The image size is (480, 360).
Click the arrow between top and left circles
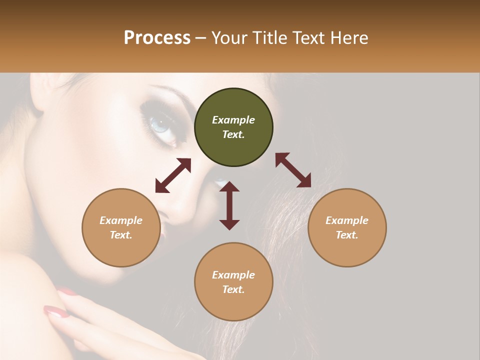pos(173,175)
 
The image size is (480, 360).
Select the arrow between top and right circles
pos(293,170)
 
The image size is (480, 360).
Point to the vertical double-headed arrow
pos(229,205)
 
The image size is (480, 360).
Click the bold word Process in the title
pos(157,37)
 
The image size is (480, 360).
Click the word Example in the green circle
pos(233,120)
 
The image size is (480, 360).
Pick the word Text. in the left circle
pos(121,235)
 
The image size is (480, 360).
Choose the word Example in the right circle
pos(347,220)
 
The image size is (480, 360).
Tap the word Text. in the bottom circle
pos(233,289)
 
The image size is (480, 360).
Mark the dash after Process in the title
pos(201,38)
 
